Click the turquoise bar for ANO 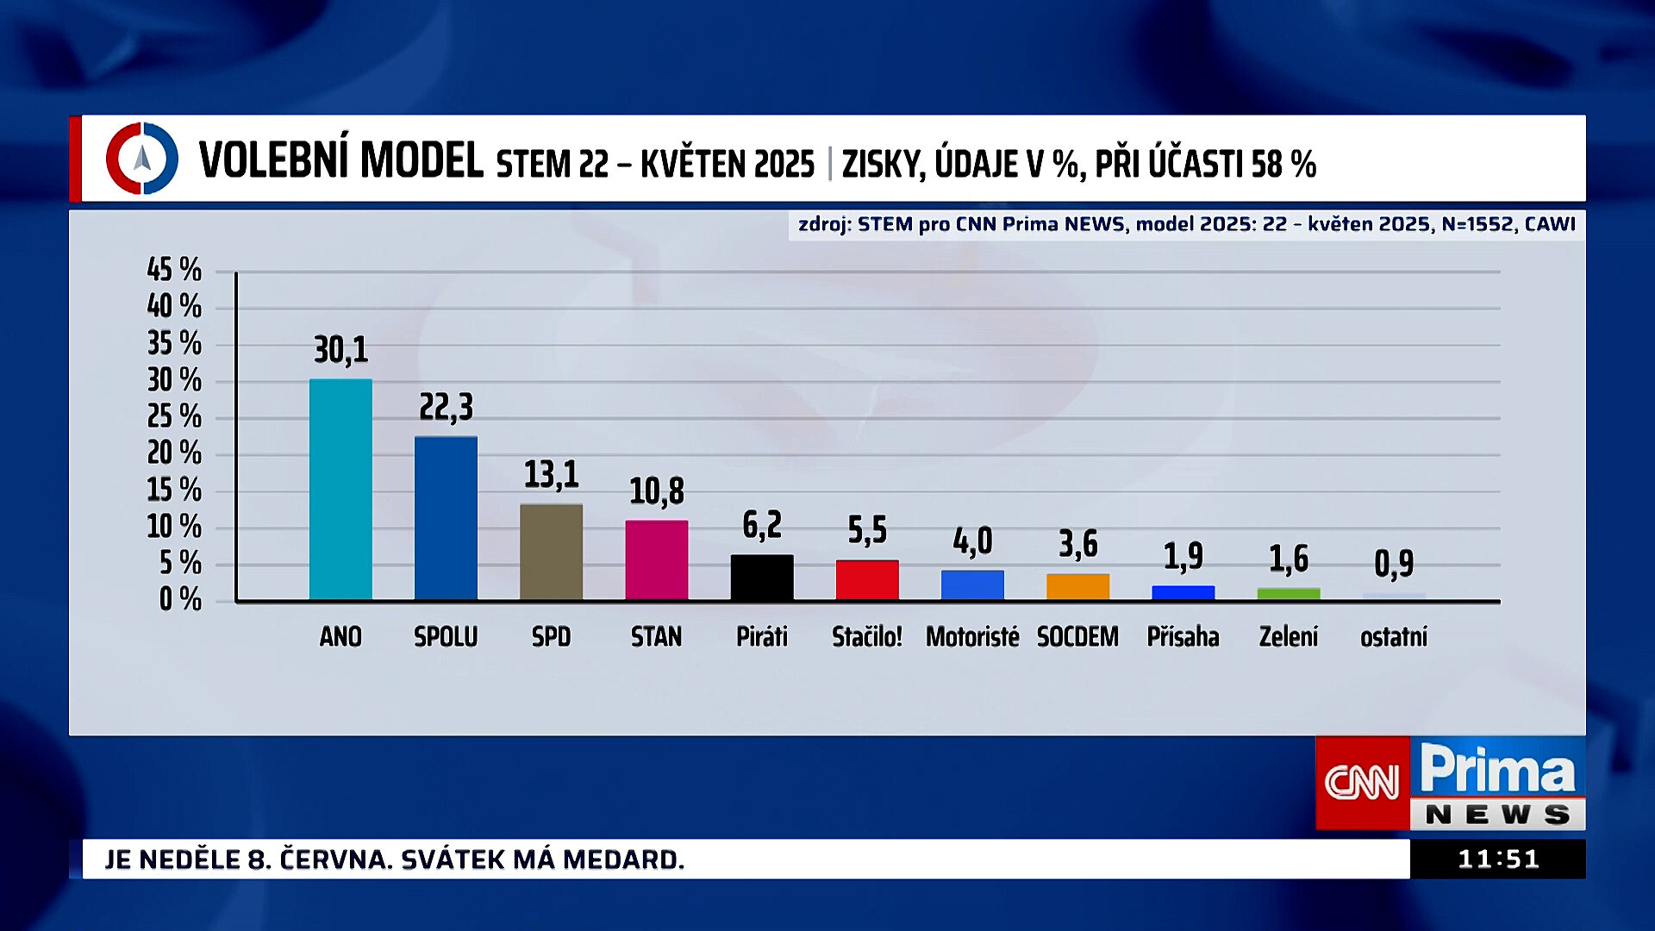[x=340, y=489]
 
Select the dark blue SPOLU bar [x=446, y=517]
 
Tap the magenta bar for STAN [x=656, y=559]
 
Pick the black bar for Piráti [x=762, y=577]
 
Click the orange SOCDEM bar [x=1077, y=586]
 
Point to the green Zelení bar [x=1288, y=593]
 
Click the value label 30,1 [x=340, y=350]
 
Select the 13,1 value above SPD [x=551, y=474]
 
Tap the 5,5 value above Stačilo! [x=867, y=530]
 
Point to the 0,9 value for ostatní [x=1393, y=564]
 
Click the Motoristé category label [x=972, y=637]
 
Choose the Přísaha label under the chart [x=1183, y=637]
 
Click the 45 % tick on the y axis [x=174, y=270]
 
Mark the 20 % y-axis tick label [x=174, y=453]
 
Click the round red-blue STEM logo [x=142, y=159]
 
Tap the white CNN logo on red [x=1362, y=783]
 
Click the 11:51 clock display [x=1497, y=859]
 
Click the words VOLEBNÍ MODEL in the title [x=340, y=161]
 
